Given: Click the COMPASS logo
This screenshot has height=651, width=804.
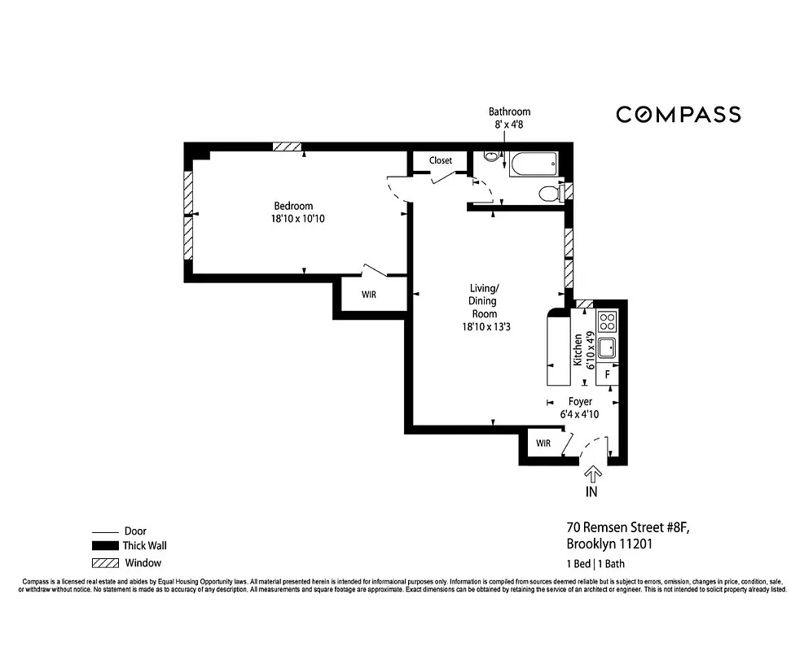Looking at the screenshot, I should pyautogui.click(x=678, y=115).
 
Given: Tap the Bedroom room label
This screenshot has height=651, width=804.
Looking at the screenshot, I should pyautogui.click(x=293, y=206).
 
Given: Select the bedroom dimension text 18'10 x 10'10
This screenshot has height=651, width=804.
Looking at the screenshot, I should pyautogui.click(x=293, y=218).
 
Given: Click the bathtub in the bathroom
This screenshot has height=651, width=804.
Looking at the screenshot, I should pyautogui.click(x=534, y=164).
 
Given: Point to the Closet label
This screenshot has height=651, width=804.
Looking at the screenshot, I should pyautogui.click(x=441, y=160).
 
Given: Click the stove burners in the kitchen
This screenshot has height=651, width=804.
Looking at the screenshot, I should pyautogui.click(x=607, y=321).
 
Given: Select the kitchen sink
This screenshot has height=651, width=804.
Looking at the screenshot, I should pyautogui.click(x=606, y=348).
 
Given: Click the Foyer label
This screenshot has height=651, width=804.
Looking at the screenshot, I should pyautogui.click(x=580, y=401).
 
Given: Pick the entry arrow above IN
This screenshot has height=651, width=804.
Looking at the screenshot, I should pyautogui.click(x=592, y=473).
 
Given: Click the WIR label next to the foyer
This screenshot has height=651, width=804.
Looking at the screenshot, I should pyautogui.click(x=543, y=443).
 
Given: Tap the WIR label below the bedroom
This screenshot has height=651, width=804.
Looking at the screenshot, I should pyautogui.click(x=368, y=295).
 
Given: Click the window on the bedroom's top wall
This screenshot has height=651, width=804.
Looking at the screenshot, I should pyautogui.click(x=287, y=146).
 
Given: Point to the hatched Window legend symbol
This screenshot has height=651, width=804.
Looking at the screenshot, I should pyautogui.click(x=105, y=562).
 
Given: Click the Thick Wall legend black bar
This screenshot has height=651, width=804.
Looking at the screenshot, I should pyautogui.click(x=105, y=546).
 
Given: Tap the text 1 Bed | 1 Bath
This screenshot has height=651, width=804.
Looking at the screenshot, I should pyautogui.click(x=595, y=564).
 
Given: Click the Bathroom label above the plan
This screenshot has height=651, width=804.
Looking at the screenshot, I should pyautogui.click(x=509, y=111).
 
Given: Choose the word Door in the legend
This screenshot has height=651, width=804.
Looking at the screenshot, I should pyautogui.click(x=135, y=531).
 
